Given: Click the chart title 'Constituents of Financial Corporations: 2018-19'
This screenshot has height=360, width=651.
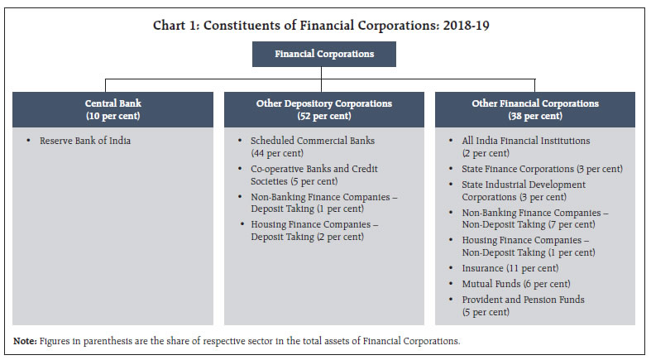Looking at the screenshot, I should (x=325, y=24).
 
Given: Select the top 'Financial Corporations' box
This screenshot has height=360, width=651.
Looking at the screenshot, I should (x=325, y=54).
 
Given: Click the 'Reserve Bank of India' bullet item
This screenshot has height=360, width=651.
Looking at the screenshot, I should (x=84, y=141).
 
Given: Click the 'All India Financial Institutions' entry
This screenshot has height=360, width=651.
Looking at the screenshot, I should (x=525, y=141).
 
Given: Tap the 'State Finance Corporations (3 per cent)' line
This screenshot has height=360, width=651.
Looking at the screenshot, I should (x=542, y=169).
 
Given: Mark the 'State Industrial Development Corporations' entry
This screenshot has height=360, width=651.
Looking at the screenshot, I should (x=524, y=185).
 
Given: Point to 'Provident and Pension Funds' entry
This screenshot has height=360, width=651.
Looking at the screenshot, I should (x=523, y=299).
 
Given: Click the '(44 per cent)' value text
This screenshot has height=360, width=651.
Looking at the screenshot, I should (x=277, y=154).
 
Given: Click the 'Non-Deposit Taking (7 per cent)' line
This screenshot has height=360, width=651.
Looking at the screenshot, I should (x=528, y=224).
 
